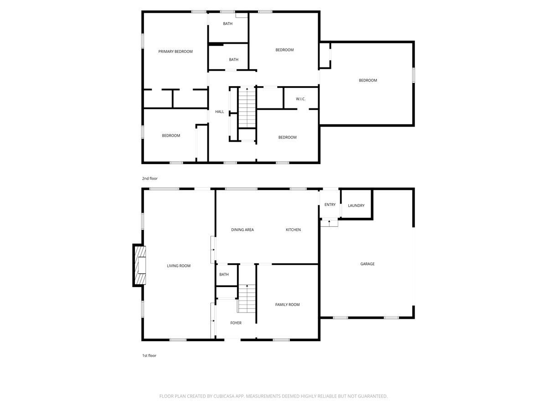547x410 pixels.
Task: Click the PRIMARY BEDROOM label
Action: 175,51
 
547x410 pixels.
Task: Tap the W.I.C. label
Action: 300,99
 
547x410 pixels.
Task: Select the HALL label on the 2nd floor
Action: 219,112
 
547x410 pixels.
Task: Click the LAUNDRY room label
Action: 356,205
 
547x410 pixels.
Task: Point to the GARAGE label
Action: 367,264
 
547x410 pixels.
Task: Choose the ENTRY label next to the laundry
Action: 330,205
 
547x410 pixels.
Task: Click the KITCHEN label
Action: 293,230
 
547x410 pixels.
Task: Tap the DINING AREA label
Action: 242,230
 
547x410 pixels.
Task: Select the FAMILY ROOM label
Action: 287,304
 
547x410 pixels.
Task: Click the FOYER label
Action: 236,323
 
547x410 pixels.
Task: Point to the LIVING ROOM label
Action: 178,266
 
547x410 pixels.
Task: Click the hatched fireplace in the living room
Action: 140,265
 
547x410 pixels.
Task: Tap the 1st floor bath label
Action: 224,274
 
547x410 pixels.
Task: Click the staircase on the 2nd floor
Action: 247,108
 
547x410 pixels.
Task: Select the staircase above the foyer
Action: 247,298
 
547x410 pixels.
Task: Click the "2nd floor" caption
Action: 150,179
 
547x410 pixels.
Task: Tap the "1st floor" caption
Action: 149,355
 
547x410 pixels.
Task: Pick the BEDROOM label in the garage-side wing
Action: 368,80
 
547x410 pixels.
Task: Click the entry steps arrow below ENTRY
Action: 329,223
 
